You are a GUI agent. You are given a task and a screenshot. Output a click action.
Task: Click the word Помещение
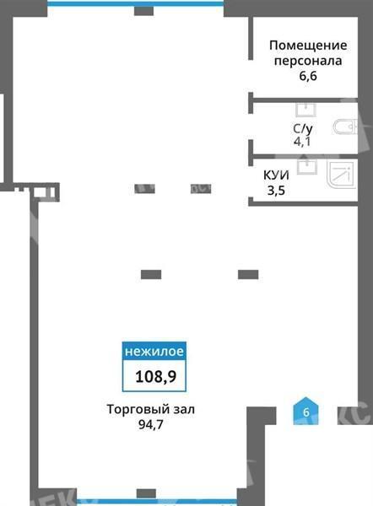(308, 46)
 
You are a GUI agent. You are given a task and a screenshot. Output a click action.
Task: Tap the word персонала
(308, 61)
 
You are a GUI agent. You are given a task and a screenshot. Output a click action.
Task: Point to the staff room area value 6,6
(308, 77)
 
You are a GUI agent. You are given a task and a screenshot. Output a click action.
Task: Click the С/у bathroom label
(303, 129)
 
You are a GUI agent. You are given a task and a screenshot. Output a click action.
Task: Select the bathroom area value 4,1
(302, 142)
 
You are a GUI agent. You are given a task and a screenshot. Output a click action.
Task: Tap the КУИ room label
(276, 175)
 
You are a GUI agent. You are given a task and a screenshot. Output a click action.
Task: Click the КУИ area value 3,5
(276, 191)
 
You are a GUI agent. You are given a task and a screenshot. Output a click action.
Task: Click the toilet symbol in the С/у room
(345, 126)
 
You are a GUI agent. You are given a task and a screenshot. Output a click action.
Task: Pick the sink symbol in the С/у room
(305, 110)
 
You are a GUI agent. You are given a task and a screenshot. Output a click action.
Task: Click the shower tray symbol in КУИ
(342, 175)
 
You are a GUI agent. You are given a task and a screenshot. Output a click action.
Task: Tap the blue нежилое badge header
(154, 351)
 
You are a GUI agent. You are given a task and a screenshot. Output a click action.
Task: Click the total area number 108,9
(155, 376)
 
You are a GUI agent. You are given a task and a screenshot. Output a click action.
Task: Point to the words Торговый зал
(151, 410)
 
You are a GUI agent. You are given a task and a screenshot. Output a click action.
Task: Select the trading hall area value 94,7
(151, 425)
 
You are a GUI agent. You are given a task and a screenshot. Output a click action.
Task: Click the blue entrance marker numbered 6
(305, 412)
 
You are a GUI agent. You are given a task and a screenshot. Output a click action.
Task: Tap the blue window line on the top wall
(136, 4)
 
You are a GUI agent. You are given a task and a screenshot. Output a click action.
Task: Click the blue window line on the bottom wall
(157, 502)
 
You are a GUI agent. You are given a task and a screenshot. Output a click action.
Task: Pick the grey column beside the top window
(143, 11)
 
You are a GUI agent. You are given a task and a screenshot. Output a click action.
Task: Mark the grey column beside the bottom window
(146, 493)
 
